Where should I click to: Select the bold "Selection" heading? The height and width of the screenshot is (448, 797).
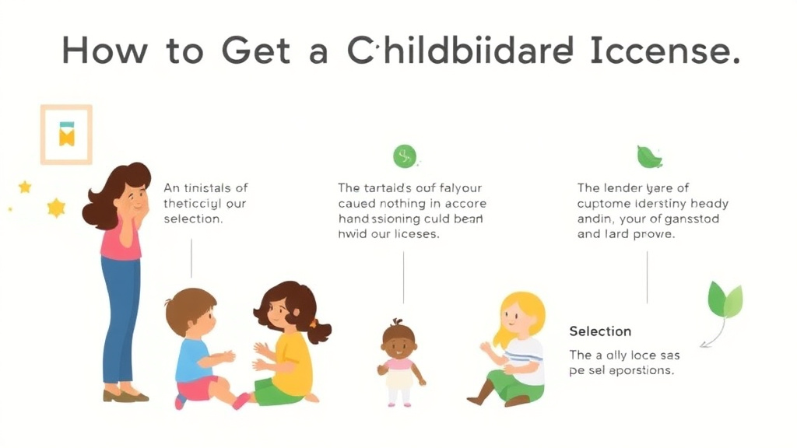point(600,331)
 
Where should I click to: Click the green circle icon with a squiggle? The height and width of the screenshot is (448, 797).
point(405,156)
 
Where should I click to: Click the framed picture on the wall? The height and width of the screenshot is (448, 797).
point(66,135)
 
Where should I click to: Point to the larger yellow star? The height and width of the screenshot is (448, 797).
point(56,208)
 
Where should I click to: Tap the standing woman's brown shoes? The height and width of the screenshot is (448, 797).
point(125,395)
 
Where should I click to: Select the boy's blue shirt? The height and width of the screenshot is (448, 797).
point(191,360)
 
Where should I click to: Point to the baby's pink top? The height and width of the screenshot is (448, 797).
point(399,363)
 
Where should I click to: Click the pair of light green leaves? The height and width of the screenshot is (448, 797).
point(725,300)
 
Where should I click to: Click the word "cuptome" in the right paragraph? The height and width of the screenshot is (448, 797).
point(603,203)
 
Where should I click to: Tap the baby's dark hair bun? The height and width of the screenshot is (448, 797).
point(398,321)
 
